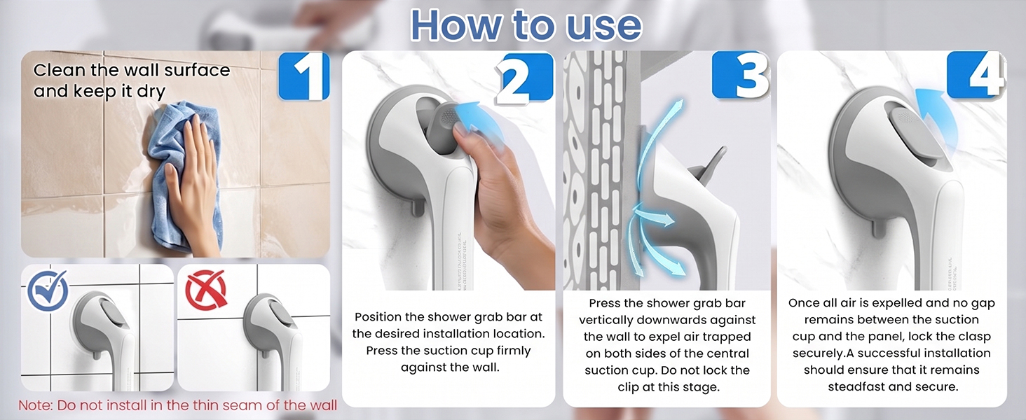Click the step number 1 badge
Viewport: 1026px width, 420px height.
[x=304, y=76]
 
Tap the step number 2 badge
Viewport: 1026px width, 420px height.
[x=525, y=76]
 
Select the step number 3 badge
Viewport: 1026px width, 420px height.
[x=741, y=75]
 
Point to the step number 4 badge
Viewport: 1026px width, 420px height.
[x=976, y=75]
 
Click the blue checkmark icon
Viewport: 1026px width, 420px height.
[x=48, y=290]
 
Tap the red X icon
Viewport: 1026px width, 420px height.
[x=206, y=290]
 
